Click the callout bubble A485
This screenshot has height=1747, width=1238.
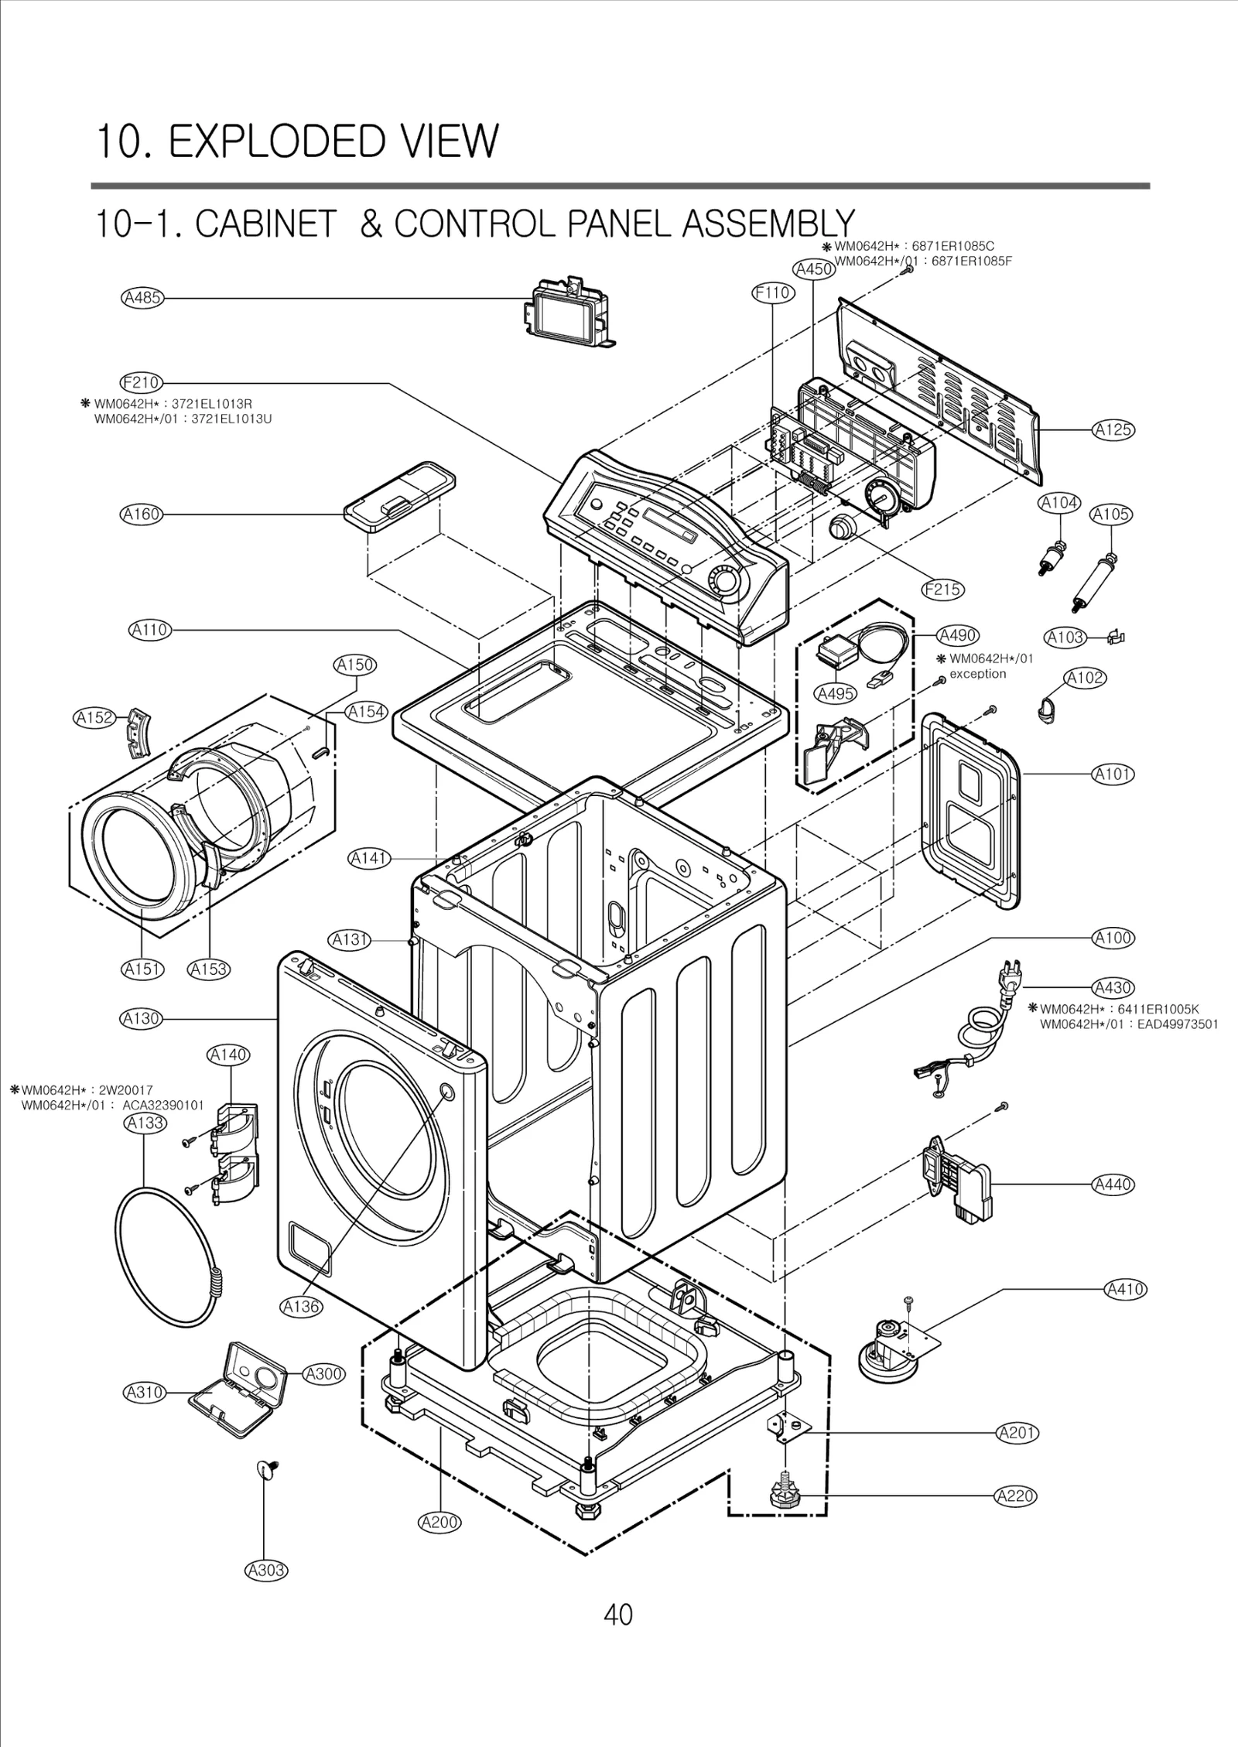click(x=142, y=298)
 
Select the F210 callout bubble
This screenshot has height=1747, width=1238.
click(x=141, y=382)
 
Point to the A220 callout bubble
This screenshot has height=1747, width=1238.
click(x=1015, y=1496)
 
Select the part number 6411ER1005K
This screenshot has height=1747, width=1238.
click(x=1159, y=1009)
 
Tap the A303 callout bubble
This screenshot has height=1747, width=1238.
click(x=266, y=1570)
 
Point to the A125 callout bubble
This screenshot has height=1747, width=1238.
click(x=1113, y=429)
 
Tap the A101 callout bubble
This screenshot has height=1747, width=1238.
click(x=1113, y=774)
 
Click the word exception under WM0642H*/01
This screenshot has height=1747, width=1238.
click(x=978, y=673)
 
